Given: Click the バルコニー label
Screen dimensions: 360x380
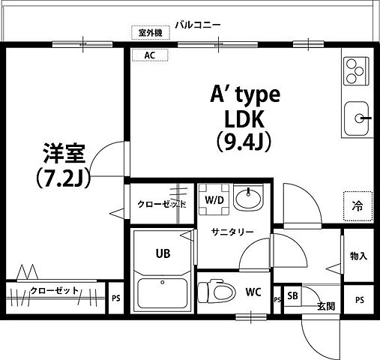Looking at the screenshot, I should pos(198,25).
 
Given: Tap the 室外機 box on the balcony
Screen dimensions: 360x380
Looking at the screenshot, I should pos(151,32).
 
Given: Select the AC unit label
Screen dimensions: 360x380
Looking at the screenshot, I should pos(150,55).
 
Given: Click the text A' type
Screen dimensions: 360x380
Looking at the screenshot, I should pos(244,96).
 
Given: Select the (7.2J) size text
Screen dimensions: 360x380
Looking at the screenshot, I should pos(62,177).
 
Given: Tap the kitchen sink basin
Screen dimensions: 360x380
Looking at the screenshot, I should pos(358,118).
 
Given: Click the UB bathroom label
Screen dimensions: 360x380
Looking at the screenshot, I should pos(163,253).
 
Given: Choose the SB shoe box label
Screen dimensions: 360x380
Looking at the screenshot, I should pos(292,295).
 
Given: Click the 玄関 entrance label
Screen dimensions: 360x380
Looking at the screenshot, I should pos(325,305).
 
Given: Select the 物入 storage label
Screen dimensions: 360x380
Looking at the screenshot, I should pos(358,256).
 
